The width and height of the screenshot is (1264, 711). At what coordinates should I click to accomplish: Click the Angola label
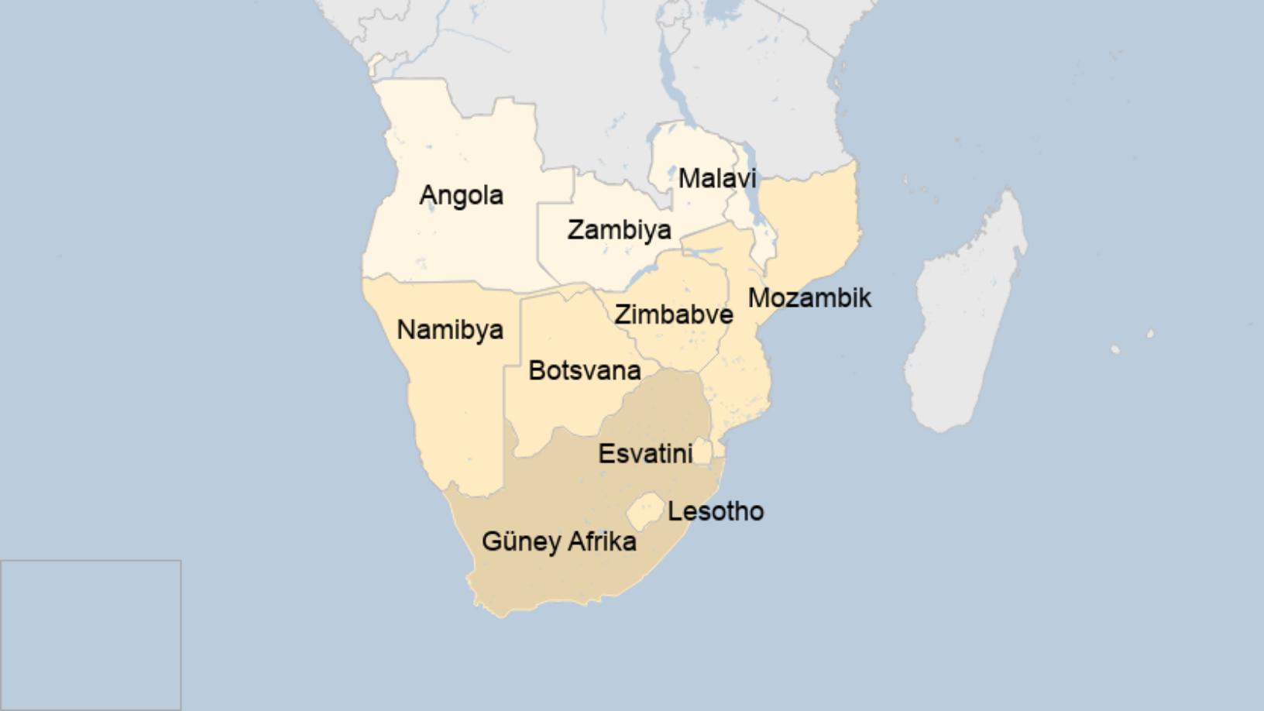[x=461, y=195]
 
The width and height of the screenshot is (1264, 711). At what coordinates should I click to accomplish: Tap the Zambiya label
[x=619, y=230]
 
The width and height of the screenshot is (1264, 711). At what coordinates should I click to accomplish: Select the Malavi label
[x=716, y=179]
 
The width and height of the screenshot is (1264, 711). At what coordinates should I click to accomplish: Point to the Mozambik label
[x=809, y=298]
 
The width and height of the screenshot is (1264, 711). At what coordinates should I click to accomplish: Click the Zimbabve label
[x=673, y=315]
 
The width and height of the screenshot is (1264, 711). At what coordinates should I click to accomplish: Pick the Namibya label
[x=450, y=330]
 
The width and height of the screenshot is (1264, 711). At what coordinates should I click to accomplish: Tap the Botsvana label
[x=584, y=371]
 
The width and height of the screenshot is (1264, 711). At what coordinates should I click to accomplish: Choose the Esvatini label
[x=644, y=454]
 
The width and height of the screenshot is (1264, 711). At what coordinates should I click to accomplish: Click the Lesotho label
[x=716, y=512]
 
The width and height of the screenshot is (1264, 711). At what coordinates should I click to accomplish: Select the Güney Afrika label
[x=558, y=541]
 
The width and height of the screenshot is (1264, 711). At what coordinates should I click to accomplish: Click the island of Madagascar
[x=964, y=325]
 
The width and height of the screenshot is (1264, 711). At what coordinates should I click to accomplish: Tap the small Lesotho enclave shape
[x=645, y=511]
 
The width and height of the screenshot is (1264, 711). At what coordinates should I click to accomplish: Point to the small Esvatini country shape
[x=702, y=451]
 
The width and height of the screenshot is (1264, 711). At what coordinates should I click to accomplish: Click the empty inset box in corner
[x=91, y=634]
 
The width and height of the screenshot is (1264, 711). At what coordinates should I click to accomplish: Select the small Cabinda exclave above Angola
[x=378, y=65]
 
